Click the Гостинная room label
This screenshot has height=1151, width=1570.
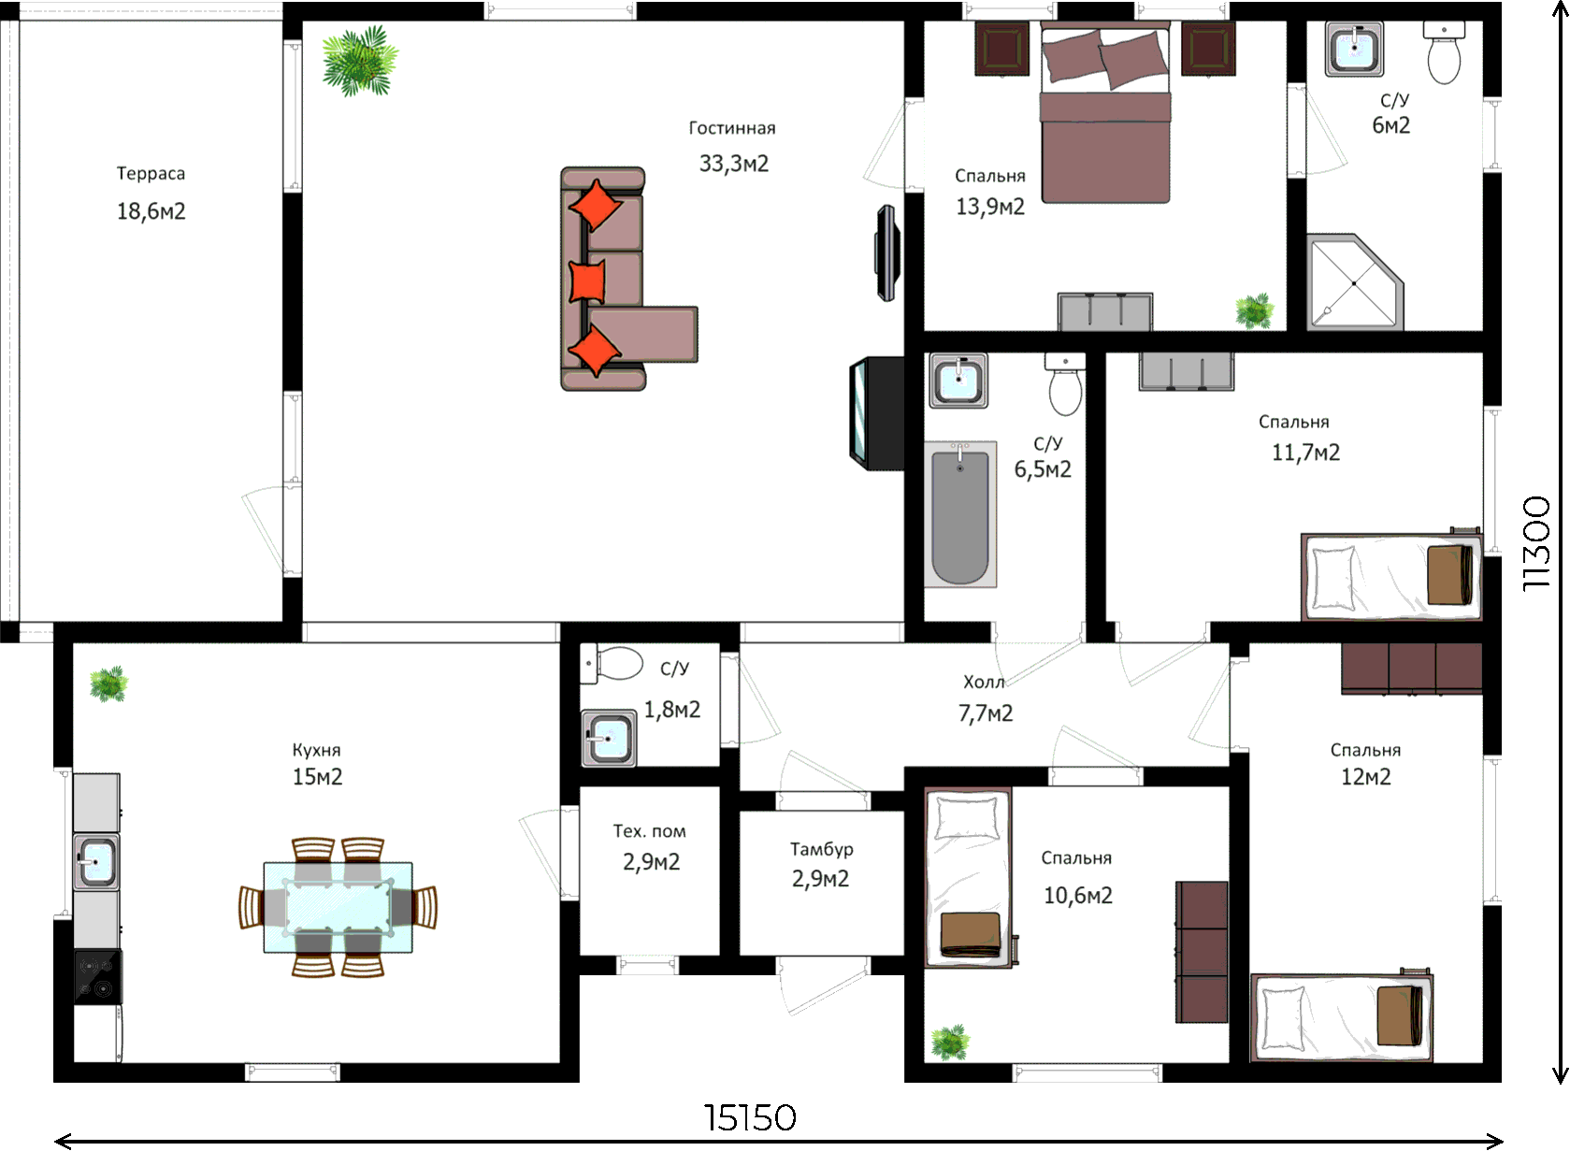(x=732, y=128)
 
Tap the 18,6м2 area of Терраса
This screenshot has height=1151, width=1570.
(x=151, y=211)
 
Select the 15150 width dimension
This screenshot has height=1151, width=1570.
(x=750, y=1118)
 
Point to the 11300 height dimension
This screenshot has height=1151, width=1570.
(x=1537, y=543)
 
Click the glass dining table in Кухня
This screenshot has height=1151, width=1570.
(x=338, y=907)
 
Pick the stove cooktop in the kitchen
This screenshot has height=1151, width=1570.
(x=97, y=976)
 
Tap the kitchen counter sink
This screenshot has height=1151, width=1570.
(x=96, y=861)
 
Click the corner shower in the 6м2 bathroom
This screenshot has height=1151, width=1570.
(x=1356, y=281)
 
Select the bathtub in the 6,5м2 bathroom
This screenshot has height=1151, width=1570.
(x=960, y=514)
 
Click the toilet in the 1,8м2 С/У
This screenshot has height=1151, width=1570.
(x=612, y=663)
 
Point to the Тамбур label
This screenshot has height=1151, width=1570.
(x=821, y=850)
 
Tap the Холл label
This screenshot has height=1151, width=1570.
(x=984, y=682)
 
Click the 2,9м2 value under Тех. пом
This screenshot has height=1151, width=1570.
(x=651, y=861)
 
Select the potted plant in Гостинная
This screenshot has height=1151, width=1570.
(x=360, y=61)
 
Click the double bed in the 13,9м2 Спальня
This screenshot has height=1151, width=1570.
(x=1105, y=112)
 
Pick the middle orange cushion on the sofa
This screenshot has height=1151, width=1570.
(x=587, y=281)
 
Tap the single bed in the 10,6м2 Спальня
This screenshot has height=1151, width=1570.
(x=969, y=878)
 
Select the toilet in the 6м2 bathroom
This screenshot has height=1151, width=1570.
(x=1444, y=51)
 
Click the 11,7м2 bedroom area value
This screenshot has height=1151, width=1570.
(x=1305, y=453)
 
